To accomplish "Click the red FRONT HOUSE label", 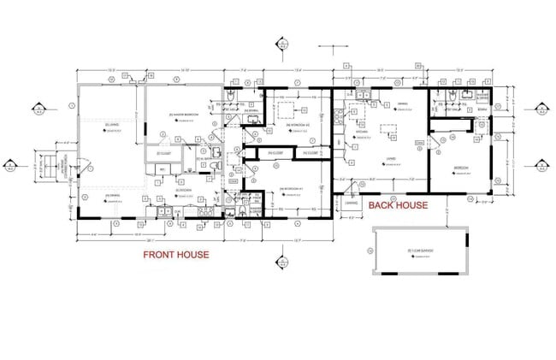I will [175, 254].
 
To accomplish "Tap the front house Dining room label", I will [111, 197].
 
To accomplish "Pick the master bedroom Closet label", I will [165, 153].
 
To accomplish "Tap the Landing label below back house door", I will [352, 204].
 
